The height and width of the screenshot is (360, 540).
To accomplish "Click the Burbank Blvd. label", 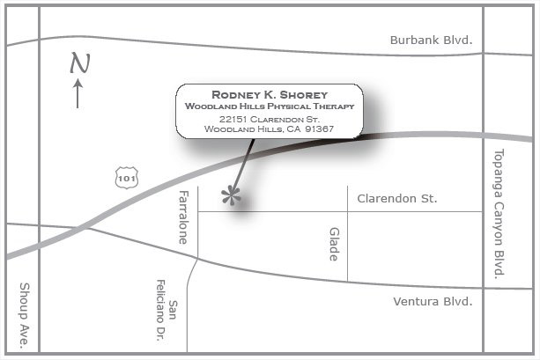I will tap(431, 40).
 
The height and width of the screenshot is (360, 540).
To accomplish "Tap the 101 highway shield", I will tap(125, 177).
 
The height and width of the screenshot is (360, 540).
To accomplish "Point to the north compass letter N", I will tap(80, 62).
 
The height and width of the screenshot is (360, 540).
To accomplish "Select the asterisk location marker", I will tap(232, 195).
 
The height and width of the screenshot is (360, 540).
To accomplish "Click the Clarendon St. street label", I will tap(396, 199).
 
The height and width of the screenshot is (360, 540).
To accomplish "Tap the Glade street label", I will tap(334, 244).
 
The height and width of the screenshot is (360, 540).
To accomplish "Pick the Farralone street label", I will tap(183, 217).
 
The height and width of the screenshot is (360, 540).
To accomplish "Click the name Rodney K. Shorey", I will tap(270, 94).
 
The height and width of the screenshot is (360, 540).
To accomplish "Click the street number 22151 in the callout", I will tap(235, 119).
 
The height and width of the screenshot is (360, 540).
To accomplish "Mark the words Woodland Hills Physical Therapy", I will tap(270, 106).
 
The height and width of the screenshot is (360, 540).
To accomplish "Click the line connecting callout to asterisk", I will tap(243, 165).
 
